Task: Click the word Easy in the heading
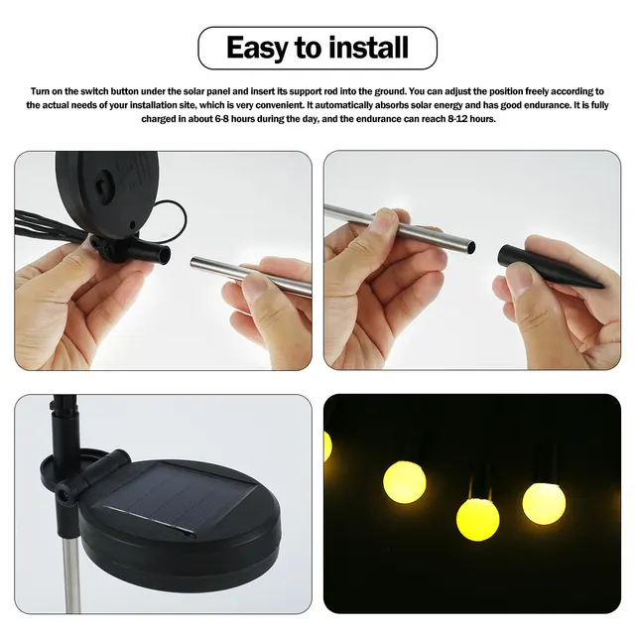260,47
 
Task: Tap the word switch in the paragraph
101,90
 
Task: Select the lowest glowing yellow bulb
476,518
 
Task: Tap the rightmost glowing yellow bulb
544,502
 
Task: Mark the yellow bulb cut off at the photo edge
327,445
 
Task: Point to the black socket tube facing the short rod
154,254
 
